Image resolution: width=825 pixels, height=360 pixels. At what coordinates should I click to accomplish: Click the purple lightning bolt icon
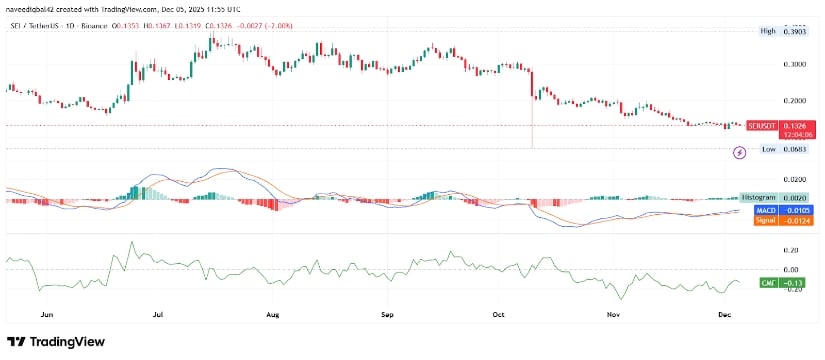tap(740, 153)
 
